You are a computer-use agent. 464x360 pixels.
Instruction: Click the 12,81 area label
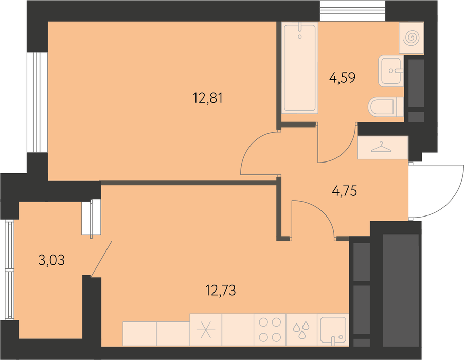pos(208,98)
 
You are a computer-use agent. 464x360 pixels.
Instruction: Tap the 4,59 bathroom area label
pos(343,78)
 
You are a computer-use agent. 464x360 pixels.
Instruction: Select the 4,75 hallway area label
pos(345,190)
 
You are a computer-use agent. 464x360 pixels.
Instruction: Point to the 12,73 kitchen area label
pos(221,291)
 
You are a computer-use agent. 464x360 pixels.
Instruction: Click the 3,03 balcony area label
pos(51,260)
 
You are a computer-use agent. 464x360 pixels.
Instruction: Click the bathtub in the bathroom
pos(300,68)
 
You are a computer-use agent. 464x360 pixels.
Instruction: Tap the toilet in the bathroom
pos(386,107)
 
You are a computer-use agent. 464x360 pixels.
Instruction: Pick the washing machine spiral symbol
pos(412,39)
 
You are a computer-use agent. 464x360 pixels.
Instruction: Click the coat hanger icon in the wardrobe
pos(381,147)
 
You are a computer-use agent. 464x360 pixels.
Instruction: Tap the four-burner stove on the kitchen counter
pos(270,330)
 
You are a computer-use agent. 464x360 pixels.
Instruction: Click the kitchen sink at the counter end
pos(333,330)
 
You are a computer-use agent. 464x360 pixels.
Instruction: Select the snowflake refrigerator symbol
pos(206,330)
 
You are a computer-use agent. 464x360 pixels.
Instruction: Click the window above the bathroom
pos(353,11)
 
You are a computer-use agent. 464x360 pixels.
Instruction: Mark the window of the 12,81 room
pos(37,102)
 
